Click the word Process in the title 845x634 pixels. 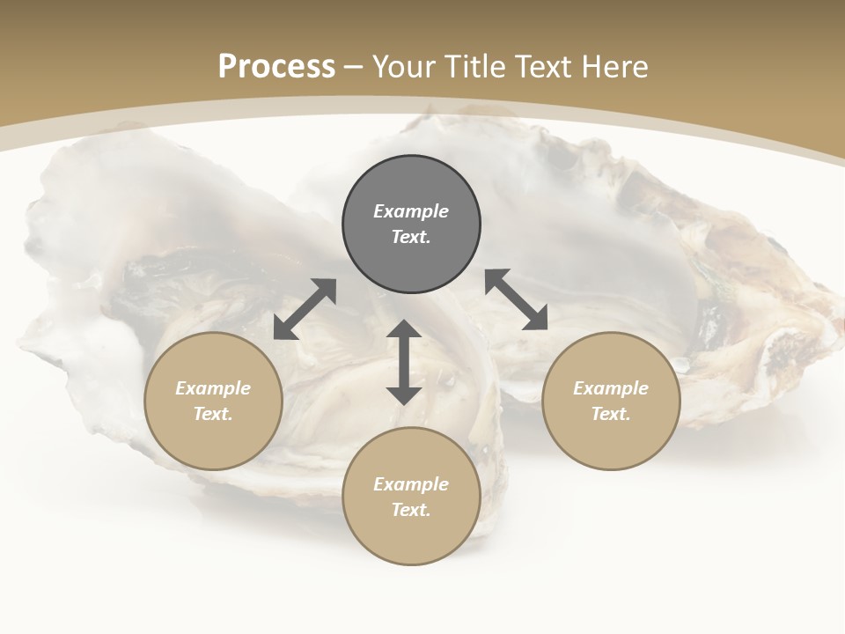coord(276,67)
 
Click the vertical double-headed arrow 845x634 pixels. coord(404,362)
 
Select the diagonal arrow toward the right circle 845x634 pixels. coord(517,299)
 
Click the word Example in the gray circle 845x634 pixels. coord(411,211)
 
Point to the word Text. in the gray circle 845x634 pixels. coord(411,237)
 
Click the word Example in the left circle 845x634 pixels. coord(213,388)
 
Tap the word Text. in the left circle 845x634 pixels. coord(213,414)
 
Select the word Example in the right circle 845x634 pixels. coord(611,388)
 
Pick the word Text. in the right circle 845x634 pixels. coord(611,414)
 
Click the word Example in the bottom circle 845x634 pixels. coord(411,484)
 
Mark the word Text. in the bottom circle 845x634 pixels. coord(411,510)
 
